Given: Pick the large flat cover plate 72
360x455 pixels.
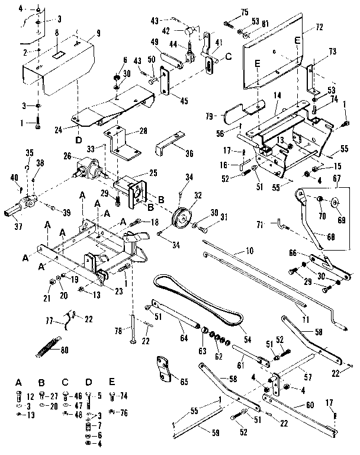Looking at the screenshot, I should point(278,56).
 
